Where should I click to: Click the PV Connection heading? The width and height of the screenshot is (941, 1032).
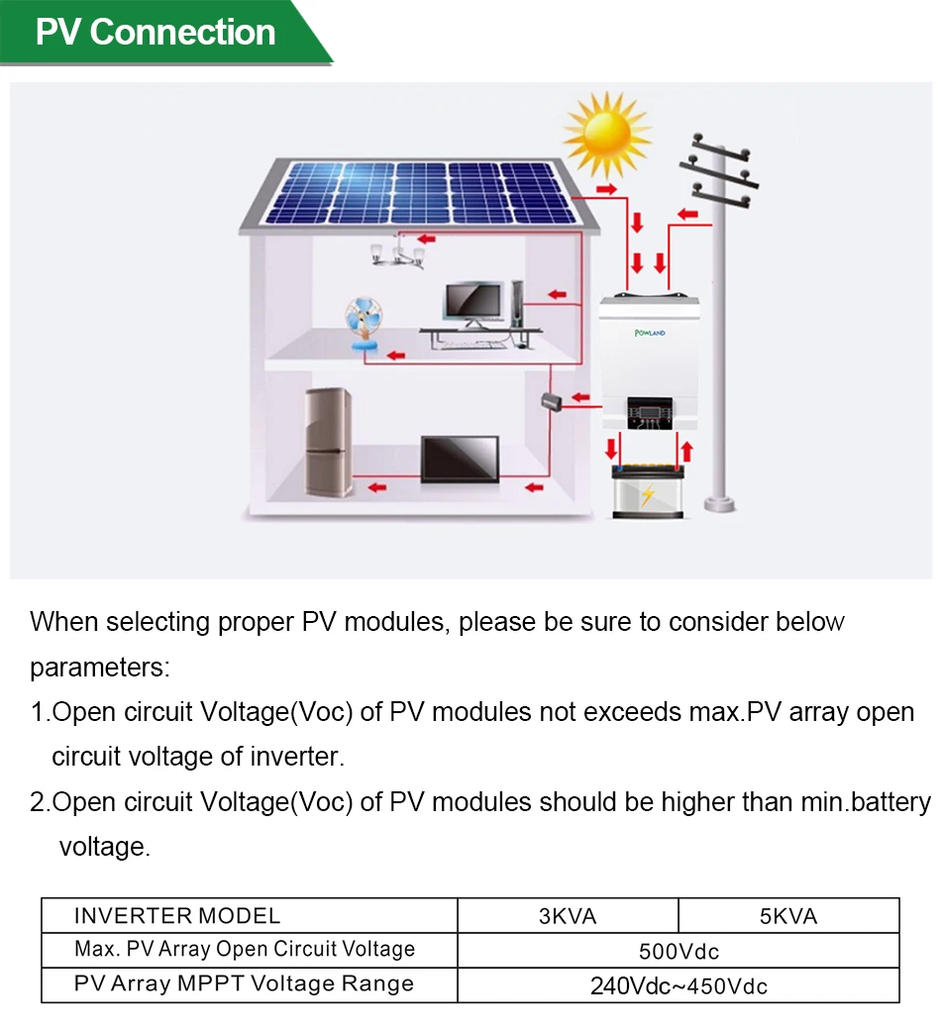156,32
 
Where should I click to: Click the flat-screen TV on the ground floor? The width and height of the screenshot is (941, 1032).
459,460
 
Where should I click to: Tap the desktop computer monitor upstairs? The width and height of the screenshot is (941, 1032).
472,301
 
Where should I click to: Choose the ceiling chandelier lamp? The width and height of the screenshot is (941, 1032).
398,252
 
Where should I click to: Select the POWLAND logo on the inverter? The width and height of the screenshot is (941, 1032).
650,333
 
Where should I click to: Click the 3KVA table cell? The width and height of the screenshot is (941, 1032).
568,916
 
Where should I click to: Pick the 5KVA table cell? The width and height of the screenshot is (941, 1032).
788,916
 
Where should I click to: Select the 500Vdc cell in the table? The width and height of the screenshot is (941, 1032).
679,952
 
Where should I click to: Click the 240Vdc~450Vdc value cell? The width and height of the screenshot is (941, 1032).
679,986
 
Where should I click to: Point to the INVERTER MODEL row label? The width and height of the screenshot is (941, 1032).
177,916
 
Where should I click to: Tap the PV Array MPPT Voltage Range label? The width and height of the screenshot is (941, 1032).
244,984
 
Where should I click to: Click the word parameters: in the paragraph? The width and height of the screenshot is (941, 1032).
100,668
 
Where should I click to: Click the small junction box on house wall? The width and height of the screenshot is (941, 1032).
551,401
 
